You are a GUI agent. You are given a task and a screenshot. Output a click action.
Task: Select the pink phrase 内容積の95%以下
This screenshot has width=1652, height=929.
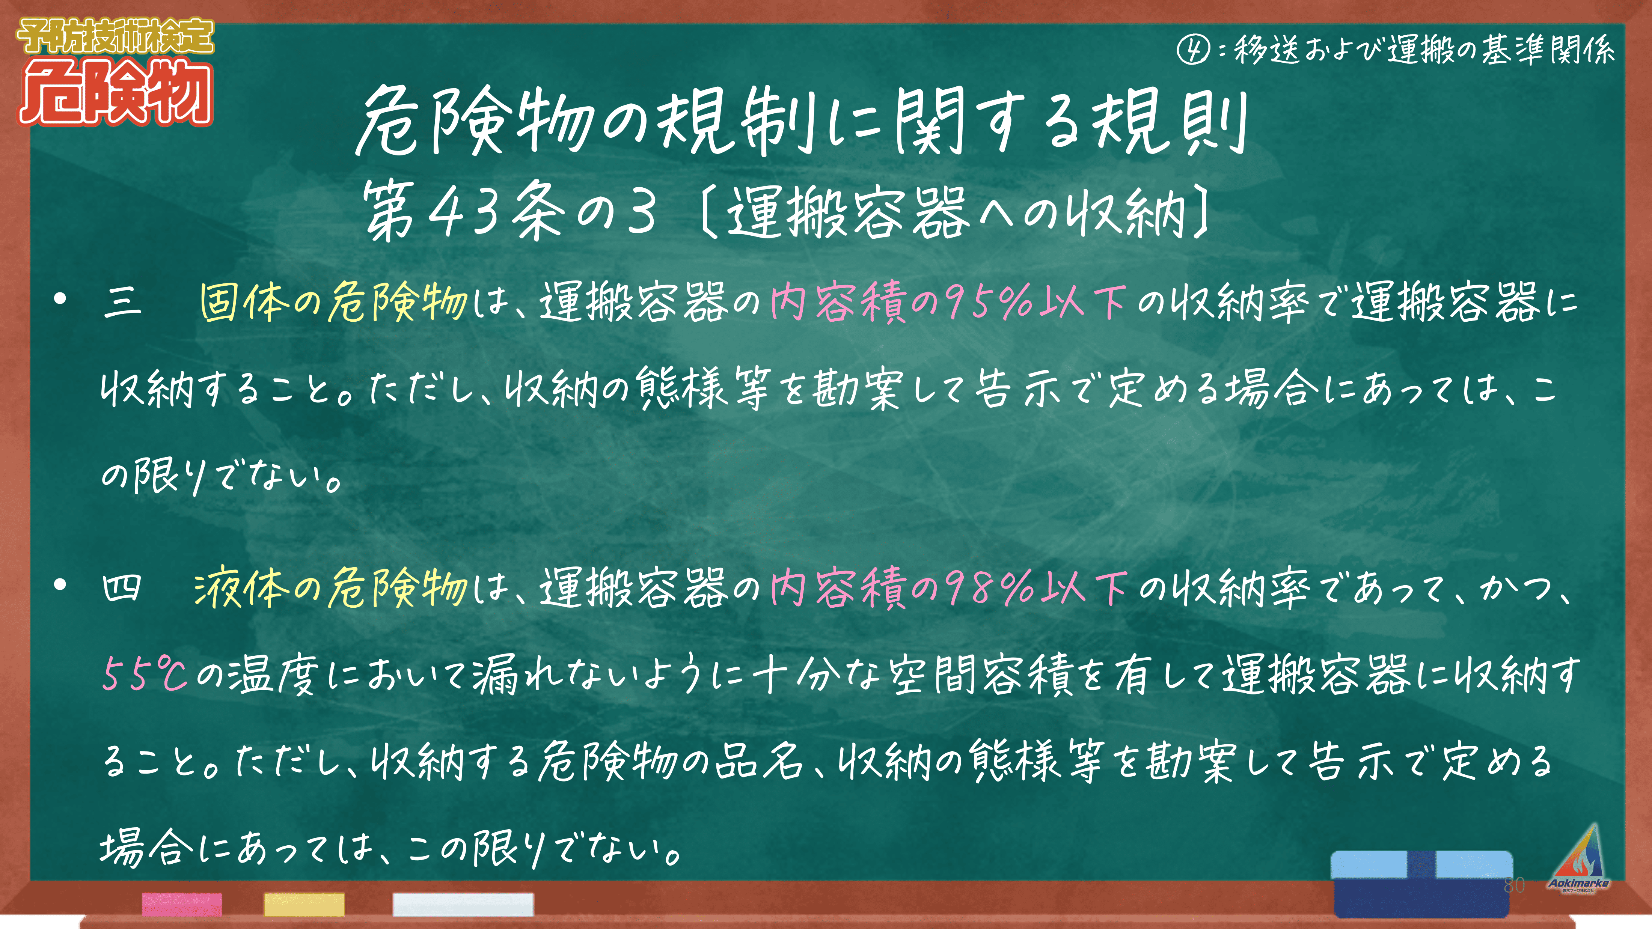point(949,301)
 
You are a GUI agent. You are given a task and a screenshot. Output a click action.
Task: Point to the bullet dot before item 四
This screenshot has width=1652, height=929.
point(61,585)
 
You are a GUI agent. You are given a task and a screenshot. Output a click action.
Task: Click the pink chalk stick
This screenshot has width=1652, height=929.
point(182,904)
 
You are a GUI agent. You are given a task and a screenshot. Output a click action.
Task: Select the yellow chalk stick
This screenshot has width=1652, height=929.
point(304,904)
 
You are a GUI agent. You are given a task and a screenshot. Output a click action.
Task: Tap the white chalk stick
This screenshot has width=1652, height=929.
point(463,904)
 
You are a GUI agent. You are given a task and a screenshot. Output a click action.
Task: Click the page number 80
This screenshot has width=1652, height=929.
point(1514,885)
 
